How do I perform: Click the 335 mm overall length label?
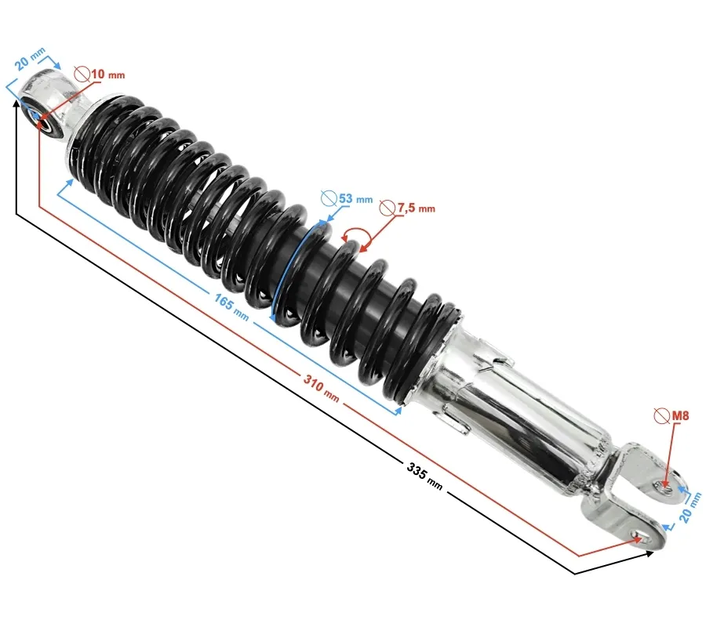tap(424, 477)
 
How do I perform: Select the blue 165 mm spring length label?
tap(231, 307)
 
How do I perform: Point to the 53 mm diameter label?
tap(355, 198)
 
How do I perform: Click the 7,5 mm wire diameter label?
tap(416, 208)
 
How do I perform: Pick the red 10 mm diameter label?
tap(108, 74)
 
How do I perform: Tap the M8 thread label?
tap(680, 415)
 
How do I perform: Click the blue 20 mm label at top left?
tap(29, 59)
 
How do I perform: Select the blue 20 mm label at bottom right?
tap(690, 507)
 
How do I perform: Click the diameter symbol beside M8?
tap(662, 415)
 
